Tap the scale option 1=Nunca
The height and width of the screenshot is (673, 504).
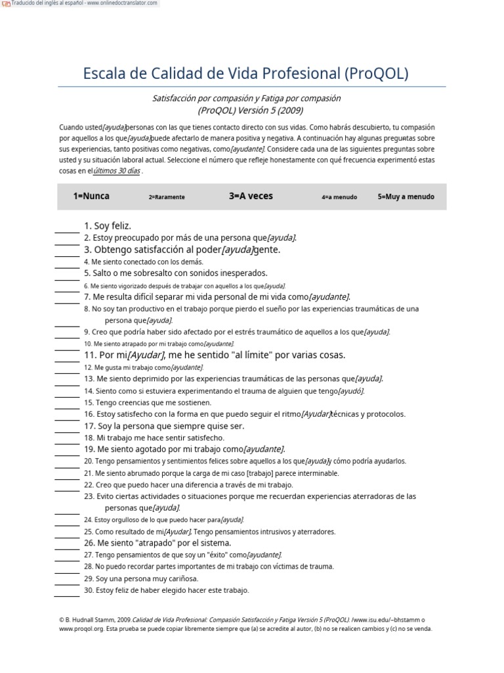[91, 196]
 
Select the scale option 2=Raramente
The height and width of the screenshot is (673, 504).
[167, 197]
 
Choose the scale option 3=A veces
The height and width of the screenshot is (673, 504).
[251, 196]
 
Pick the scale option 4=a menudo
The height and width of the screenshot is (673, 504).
[339, 197]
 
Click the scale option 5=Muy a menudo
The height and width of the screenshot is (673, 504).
[406, 197]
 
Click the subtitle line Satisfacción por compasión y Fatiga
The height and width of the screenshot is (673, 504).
[246, 98]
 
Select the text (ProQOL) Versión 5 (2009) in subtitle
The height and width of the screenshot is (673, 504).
[246, 110]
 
